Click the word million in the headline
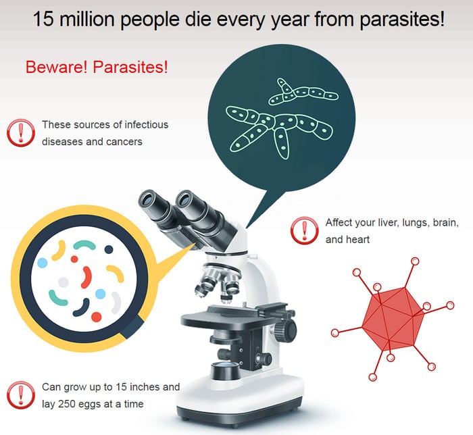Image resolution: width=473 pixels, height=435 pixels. (x=87, y=19)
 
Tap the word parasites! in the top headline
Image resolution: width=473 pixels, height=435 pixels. (x=403, y=20)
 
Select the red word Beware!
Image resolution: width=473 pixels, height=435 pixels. (x=56, y=67)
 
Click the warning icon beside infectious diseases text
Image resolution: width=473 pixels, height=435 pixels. (x=21, y=132)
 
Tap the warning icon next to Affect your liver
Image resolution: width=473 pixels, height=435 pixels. (x=304, y=230)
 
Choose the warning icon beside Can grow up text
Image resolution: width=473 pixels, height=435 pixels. (x=21, y=395)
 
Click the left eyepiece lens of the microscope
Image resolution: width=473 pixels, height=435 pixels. (x=149, y=199)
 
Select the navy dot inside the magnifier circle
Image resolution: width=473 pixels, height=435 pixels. (x=109, y=249)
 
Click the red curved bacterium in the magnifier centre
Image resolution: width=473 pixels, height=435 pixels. (x=86, y=277)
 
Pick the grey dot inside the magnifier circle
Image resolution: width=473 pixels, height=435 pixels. (x=64, y=282)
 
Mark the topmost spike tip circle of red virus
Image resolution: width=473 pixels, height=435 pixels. (x=415, y=261)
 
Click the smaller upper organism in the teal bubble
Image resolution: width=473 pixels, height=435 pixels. (x=303, y=93)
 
